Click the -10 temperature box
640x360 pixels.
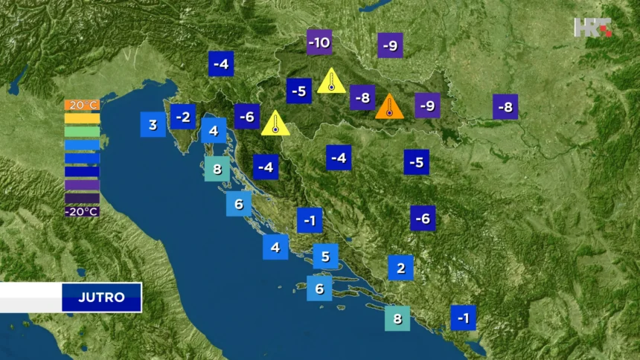pos(319,42)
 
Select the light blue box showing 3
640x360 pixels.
pos(153,124)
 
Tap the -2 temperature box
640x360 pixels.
pos(183,117)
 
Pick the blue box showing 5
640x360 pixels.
pos(325,257)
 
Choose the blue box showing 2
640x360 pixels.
pos(400,268)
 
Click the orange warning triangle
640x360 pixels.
pos(389,107)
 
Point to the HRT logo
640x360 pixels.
pos(592,27)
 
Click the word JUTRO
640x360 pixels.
pos(101,298)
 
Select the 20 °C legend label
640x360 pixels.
pos(82,105)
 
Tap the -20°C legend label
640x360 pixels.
pos(82,211)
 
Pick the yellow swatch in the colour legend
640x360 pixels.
pos(82,118)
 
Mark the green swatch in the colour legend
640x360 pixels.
pos(82,132)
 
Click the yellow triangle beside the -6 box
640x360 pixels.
pos(275,124)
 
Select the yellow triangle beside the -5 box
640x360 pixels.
pos(331,82)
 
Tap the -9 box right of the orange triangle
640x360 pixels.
pos(427,106)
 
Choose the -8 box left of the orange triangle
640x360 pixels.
pos(362,97)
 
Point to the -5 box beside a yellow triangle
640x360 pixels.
pos(299,91)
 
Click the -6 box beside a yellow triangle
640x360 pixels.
pos(247,117)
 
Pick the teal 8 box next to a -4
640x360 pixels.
pos(217,168)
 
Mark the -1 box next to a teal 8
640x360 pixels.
pos(463,318)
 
